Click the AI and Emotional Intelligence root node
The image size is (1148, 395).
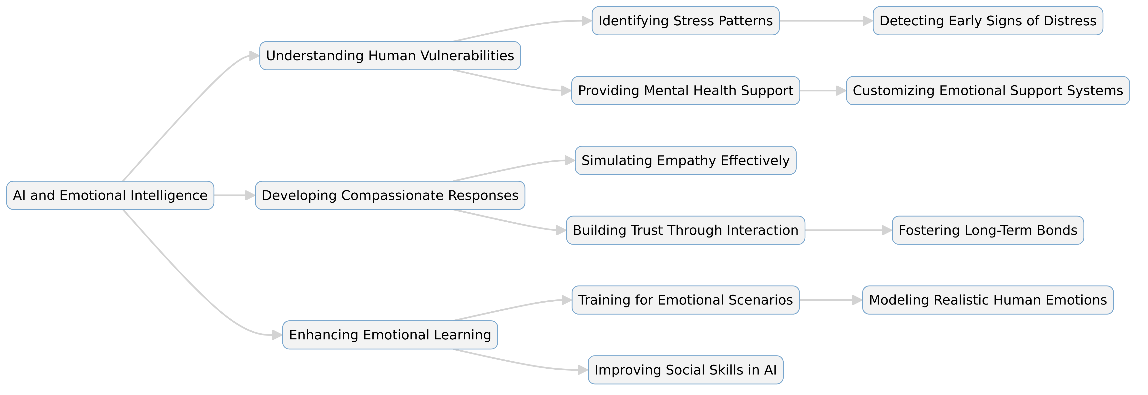tap(110, 195)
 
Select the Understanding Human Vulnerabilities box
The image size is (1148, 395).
tap(390, 56)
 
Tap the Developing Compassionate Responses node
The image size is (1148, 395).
tap(390, 195)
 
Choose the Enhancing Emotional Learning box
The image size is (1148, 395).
tap(390, 335)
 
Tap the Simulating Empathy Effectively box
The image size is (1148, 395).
tap(686, 160)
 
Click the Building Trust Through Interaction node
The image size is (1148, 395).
tap(686, 230)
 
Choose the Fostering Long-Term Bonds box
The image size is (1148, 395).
tap(988, 230)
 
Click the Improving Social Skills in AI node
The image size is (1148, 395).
tap(686, 370)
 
